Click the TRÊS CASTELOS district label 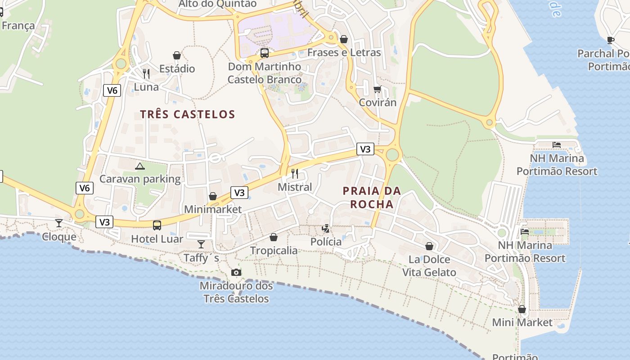point(188,114)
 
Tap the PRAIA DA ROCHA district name point(372,198)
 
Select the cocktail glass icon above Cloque point(59,223)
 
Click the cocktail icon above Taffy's point(201,244)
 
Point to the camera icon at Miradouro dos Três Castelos point(236,272)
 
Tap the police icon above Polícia point(326,229)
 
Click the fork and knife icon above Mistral point(295,173)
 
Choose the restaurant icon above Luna point(146,73)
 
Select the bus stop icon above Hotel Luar point(157,225)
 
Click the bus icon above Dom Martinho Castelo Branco point(265,53)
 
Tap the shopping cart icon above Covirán point(377,89)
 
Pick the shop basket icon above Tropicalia point(274,237)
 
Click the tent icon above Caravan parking point(140,166)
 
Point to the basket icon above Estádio point(177,55)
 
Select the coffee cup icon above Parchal point(611,40)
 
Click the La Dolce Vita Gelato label point(429,266)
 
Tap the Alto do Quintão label point(217,4)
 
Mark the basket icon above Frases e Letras point(344,39)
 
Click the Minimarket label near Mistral point(213,209)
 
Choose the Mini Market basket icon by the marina point(522,309)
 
